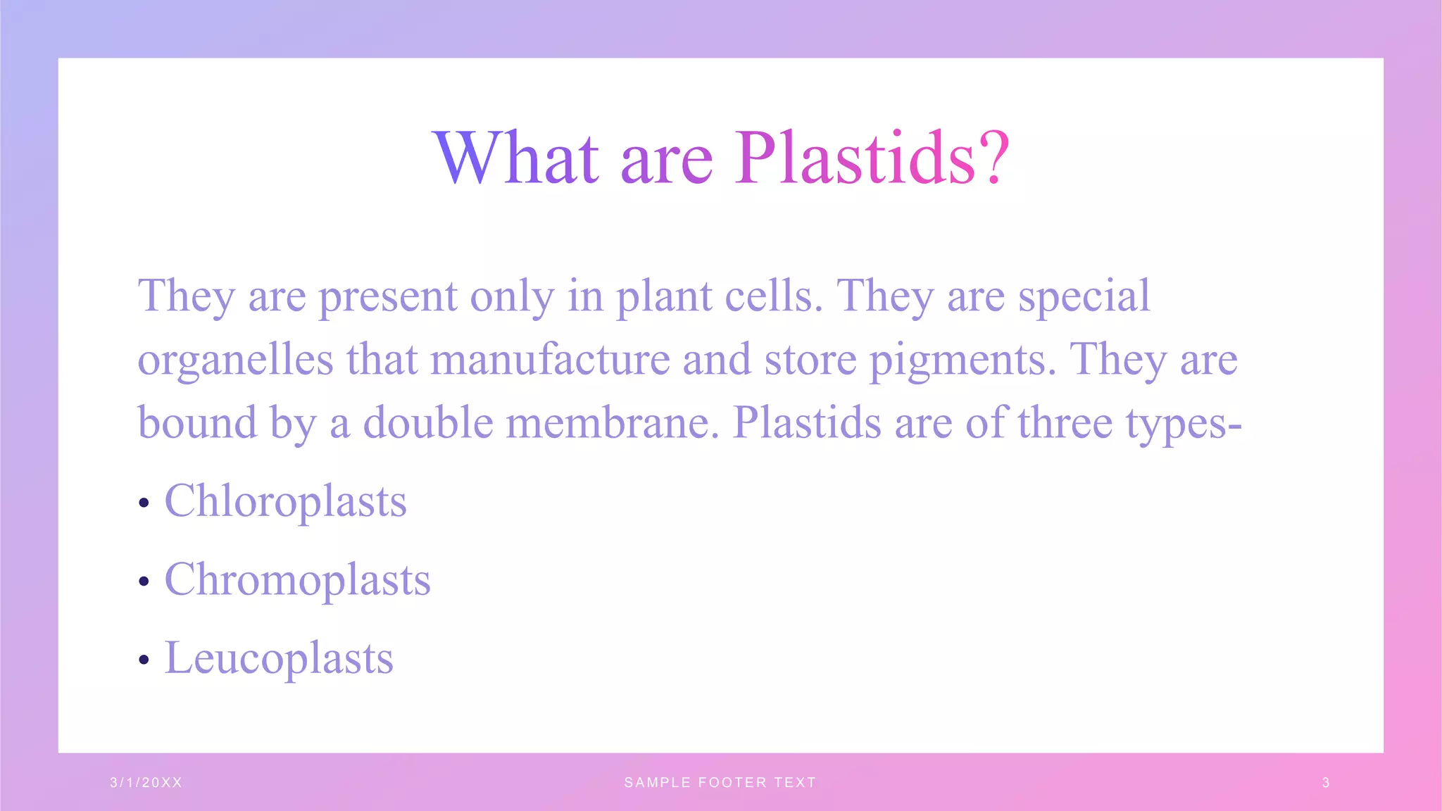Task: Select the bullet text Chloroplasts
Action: pos(285,501)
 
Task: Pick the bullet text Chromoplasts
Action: pos(297,580)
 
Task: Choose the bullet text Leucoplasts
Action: pos(279,658)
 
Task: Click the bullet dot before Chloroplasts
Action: pos(144,503)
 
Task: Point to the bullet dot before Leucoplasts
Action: pos(144,660)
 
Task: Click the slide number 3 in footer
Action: pos(1326,782)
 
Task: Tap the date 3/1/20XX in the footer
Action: pos(146,782)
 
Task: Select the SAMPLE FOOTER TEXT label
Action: pos(720,782)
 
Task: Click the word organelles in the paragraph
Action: pos(235,360)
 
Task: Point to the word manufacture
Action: pos(550,360)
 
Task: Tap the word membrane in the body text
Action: pos(613,423)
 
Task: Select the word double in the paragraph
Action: pos(428,423)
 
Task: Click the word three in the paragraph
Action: pos(1065,423)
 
